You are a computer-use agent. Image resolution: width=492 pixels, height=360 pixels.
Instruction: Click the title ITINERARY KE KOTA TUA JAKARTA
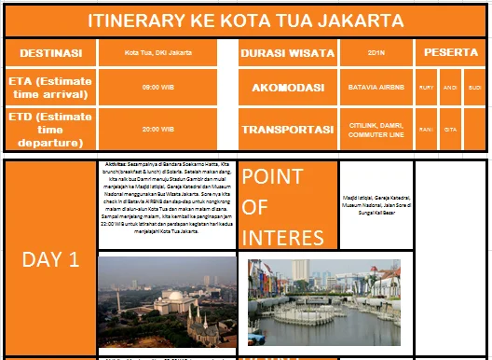[246, 21]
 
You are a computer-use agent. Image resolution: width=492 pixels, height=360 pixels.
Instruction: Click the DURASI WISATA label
[288, 52]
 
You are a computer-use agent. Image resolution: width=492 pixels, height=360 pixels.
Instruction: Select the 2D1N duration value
[376, 53]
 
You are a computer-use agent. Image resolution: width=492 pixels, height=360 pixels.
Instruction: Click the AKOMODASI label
[288, 88]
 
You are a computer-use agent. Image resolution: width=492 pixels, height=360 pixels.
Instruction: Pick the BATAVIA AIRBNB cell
[376, 88]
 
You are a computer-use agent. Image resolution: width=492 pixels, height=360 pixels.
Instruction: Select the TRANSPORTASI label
[288, 130]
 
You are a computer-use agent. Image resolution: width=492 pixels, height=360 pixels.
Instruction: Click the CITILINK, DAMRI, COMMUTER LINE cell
[376, 130]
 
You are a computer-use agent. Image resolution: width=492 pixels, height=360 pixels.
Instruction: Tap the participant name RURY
[427, 88]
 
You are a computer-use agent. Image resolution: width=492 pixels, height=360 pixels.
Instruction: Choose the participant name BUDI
[474, 88]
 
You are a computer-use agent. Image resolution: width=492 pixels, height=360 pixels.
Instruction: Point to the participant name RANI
[427, 130]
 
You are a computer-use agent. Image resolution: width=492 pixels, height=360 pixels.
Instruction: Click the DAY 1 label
[49, 258]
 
